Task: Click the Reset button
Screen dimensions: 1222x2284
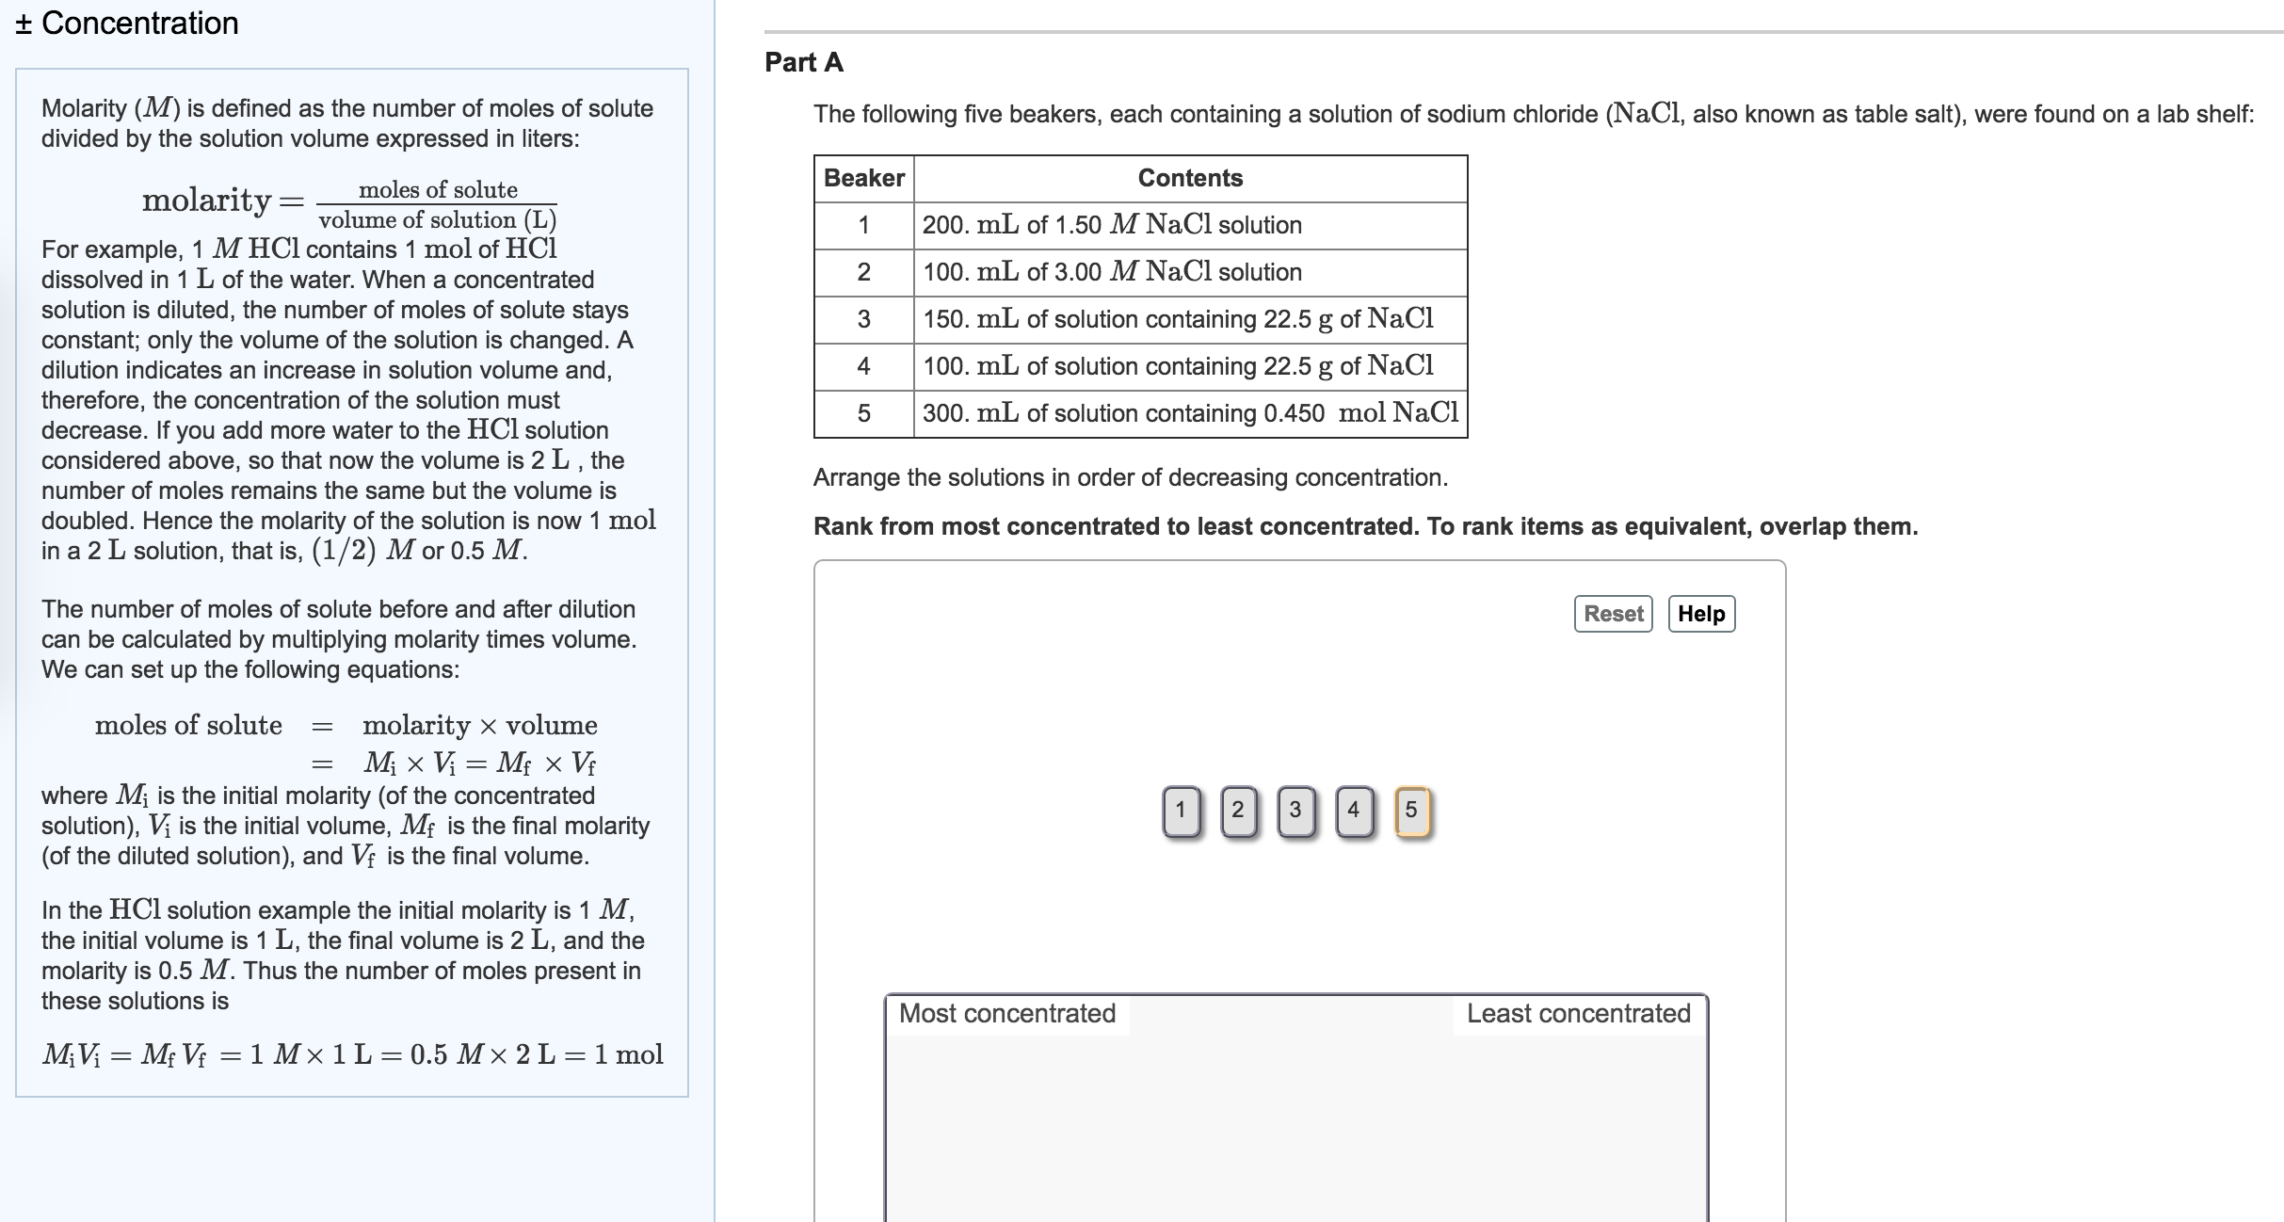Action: [x=1613, y=614]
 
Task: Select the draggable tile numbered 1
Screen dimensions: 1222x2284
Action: [x=1181, y=811]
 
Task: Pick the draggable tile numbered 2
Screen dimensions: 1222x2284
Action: [x=1238, y=811]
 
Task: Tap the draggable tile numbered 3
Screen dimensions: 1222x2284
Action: [x=1295, y=811]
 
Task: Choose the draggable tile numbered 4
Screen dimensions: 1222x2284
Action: [x=1353, y=811]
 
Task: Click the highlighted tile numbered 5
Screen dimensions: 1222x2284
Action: [x=1410, y=811]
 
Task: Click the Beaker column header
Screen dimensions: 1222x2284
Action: [x=863, y=178]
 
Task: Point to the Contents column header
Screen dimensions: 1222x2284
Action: [x=1190, y=178]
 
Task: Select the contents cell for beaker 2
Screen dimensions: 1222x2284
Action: [x=1190, y=272]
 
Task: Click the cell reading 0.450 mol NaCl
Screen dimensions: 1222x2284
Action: [x=1190, y=413]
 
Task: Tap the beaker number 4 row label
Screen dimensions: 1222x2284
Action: [x=863, y=366]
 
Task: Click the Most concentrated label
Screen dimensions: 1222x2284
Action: [x=1006, y=1014]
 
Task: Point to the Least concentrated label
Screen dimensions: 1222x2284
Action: [x=1578, y=1014]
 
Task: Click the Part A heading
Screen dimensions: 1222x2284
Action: [x=803, y=62]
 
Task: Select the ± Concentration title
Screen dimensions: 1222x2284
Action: [x=127, y=23]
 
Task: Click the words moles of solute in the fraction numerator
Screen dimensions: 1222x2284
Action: [x=438, y=189]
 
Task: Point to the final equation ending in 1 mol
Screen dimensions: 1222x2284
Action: [x=352, y=1054]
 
